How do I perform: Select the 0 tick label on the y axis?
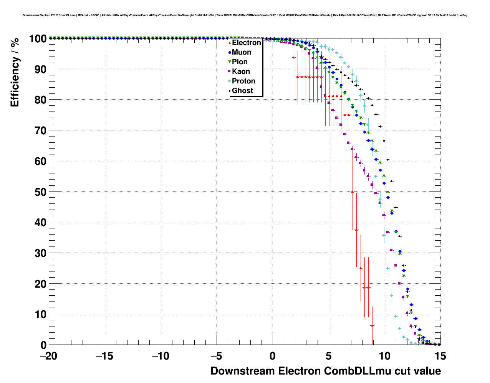click(43, 345)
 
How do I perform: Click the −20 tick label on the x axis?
click(48, 356)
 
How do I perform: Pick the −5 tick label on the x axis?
click(217, 356)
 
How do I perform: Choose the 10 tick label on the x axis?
click(385, 356)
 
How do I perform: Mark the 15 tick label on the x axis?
click(440, 356)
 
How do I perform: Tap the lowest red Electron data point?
click(372, 326)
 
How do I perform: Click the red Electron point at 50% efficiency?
click(353, 191)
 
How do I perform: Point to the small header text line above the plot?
click(245, 15)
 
